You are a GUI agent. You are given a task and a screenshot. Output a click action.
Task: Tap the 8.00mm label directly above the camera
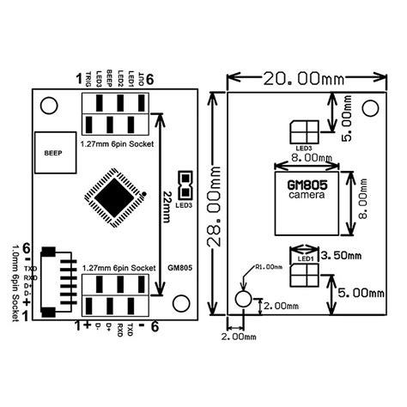coord(307,158)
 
